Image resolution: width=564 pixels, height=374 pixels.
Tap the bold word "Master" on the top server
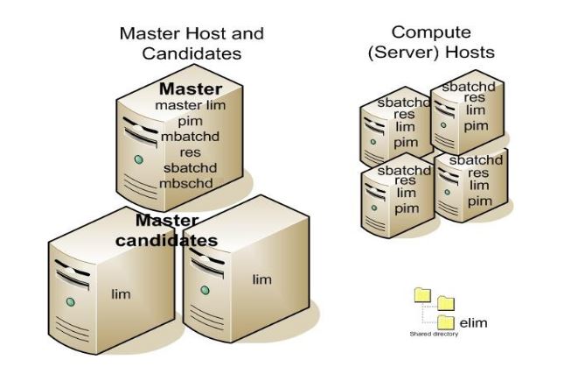point(190,89)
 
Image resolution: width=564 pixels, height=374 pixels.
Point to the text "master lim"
point(190,105)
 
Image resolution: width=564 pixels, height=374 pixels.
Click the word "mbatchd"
point(190,137)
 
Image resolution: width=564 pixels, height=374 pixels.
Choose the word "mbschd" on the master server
point(186,183)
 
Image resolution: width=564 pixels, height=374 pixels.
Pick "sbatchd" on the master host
point(189,167)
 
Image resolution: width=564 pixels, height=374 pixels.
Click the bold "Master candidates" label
point(176,230)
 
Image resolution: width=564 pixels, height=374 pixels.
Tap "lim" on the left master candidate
point(121,294)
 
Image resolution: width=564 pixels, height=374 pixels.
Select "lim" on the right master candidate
point(261,279)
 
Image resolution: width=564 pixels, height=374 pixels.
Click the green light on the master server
point(138,160)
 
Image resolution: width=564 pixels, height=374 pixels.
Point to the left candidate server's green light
point(69,302)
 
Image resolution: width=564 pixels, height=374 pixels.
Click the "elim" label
point(473,322)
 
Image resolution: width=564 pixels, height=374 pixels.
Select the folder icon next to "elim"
point(446,321)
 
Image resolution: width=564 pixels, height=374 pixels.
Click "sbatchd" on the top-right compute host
point(469,87)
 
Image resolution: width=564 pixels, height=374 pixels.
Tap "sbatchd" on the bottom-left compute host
point(404,170)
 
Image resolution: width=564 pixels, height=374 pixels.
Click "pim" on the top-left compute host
point(405,142)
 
